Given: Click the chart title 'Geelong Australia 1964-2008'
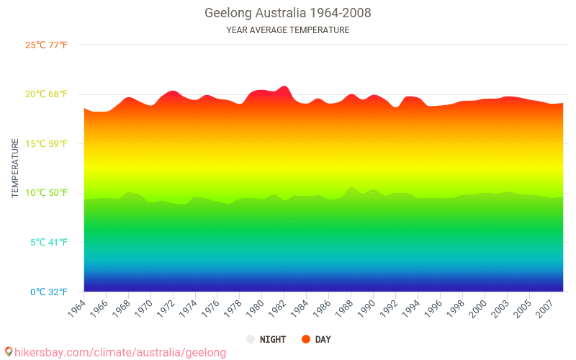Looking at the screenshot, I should coord(288,13).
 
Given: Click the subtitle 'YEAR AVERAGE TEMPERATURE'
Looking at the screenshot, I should coord(288,30).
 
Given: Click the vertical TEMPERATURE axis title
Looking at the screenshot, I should coord(15,168).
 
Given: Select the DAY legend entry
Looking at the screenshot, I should coord(323,339).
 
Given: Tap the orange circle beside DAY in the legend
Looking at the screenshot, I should coord(306,339).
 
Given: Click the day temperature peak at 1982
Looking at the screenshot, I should coord(284,86).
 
